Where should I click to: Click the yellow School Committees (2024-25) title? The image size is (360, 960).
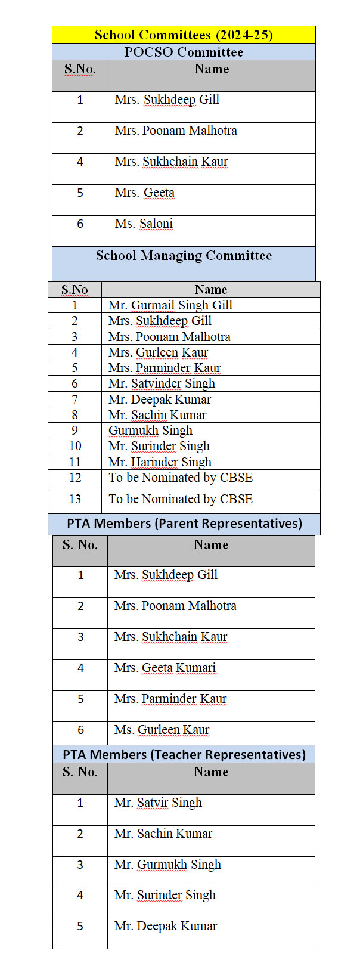pyautogui.click(x=184, y=35)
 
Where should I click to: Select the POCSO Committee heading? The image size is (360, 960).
pyautogui.click(x=184, y=52)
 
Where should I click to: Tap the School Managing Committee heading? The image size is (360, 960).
pyautogui.click(x=184, y=256)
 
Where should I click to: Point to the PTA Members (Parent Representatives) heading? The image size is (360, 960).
pyautogui.click(x=184, y=524)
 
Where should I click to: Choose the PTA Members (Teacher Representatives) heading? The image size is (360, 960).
pyautogui.click(x=184, y=754)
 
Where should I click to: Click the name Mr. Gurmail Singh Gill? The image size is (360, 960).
pyautogui.click(x=170, y=305)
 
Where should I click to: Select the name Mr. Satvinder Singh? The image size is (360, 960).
pyautogui.click(x=162, y=383)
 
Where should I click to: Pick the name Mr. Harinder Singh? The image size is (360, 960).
pyautogui.click(x=160, y=462)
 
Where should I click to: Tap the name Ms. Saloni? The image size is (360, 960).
pyautogui.click(x=144, y=224)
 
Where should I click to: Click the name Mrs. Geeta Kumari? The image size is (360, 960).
pyautogui.click(x=165, y=668)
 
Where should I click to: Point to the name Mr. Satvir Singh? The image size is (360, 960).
pyautogui.click(x=158, y=803)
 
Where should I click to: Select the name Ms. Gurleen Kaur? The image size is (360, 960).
pyautogui.click(x=162, y=730)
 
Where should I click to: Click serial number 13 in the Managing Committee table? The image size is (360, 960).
pyautogui.click(x=75, y=499)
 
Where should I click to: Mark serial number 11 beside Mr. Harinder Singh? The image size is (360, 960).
pyautogui.click(x=75, y=462)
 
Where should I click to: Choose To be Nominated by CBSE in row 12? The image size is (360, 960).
pyautogui.click(x=181, y=478)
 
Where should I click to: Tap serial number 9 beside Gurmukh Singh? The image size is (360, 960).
pyautogui.click(x=75, y=431)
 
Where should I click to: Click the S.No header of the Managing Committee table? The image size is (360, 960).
pyautogui.click(x=75, y=290)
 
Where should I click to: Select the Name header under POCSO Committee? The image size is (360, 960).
pyautogui.click(x=212, y=69)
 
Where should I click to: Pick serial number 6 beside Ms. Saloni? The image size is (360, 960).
pyautogui.click(x=80, y=224)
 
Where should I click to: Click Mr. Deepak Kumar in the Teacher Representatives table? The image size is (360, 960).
pyautogui.click(x=166, y=926)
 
